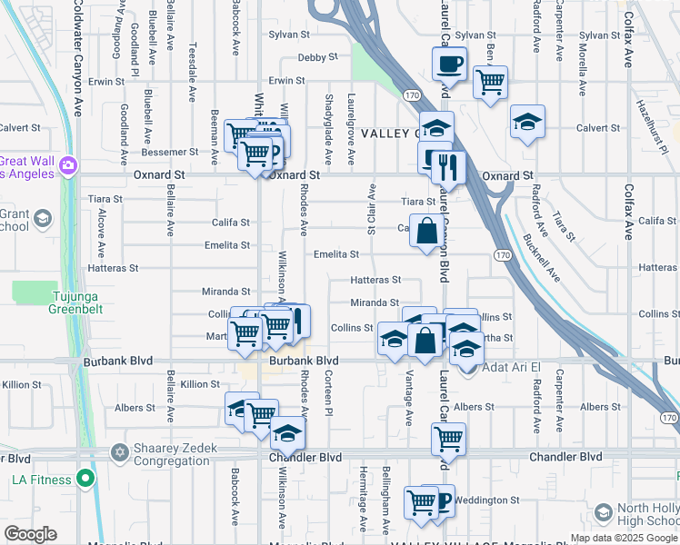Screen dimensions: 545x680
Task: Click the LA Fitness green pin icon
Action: pos(85,478)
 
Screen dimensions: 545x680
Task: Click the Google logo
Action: pos(30,534)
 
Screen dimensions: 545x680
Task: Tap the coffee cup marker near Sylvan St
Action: pos(448,64)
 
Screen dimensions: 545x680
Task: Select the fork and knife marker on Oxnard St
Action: pos(448,167)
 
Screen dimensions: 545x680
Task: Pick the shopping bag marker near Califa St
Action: pos(427,231)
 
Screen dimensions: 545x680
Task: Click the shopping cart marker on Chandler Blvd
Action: pos(448,440)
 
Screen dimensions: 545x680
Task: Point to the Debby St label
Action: pos(318,56)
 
